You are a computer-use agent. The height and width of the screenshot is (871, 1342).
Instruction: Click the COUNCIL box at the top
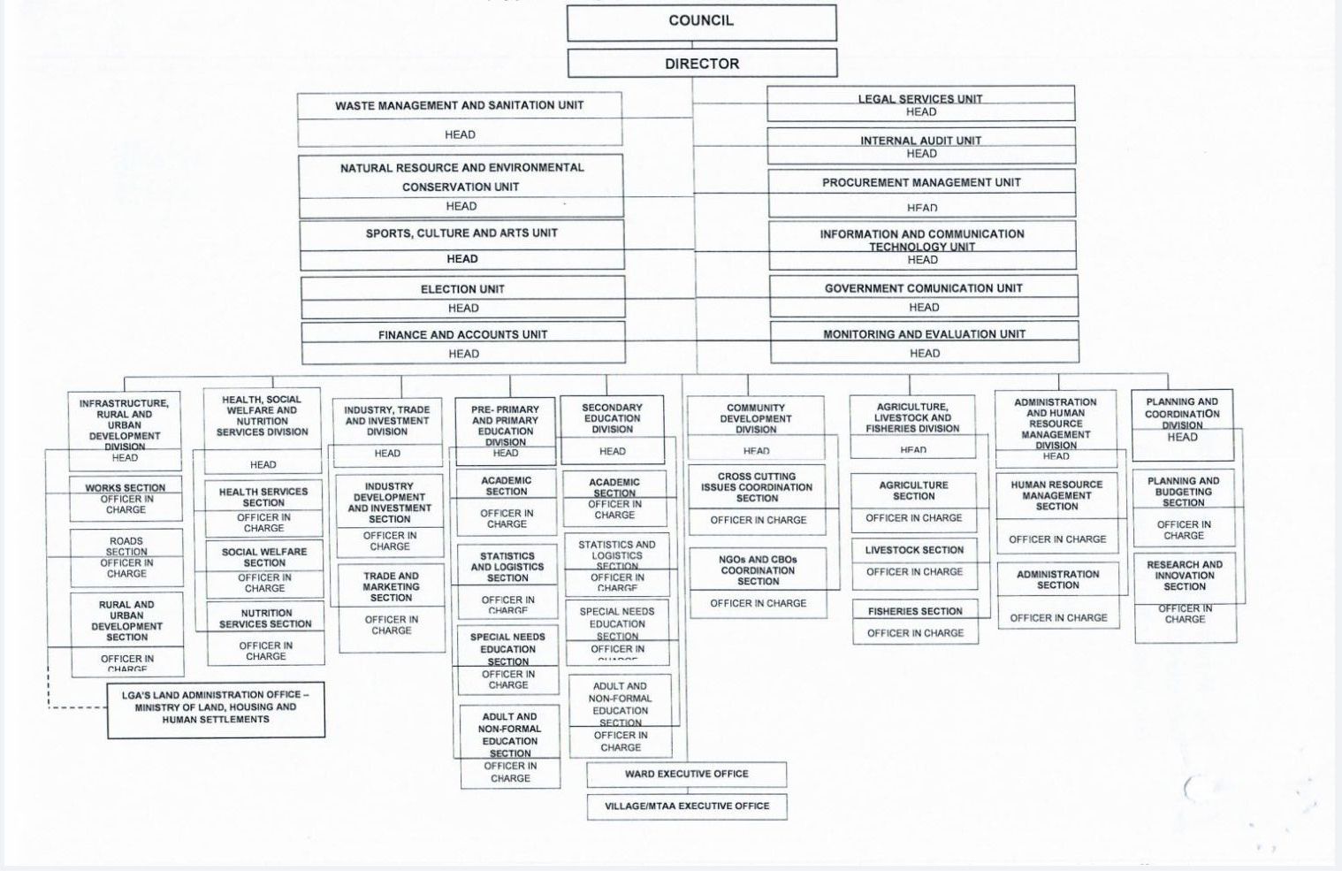(701, 21)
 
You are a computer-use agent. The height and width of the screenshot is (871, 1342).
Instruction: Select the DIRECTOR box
(702, 64)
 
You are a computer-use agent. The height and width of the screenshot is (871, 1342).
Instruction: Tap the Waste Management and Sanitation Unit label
(459, 105)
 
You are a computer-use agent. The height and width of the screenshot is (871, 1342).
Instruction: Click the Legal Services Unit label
(919, 99)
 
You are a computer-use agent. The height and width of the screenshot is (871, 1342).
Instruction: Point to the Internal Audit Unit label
(920, 141)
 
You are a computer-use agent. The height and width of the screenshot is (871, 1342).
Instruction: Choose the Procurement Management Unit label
(921, 182)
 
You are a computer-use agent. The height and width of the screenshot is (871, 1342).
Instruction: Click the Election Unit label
(462, 289)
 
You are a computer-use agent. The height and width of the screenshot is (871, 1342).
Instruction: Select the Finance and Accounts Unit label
(462, 335)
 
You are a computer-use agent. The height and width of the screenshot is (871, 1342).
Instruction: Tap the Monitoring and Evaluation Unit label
(924, 334)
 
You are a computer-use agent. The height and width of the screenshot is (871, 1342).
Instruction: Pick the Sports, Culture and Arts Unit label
(461, 233)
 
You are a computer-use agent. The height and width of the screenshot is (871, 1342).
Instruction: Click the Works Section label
(126, 487)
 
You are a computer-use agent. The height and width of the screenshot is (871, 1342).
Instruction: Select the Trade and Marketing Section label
(391, 586)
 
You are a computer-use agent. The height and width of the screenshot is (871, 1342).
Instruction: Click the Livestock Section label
(914, 550)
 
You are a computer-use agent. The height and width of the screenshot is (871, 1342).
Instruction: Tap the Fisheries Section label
(915, 611)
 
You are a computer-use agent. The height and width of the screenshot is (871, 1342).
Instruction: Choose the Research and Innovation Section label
(1184, 576)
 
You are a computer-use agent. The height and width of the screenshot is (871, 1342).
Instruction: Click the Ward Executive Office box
(686, 774)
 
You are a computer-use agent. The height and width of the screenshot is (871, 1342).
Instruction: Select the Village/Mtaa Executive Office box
(687, 806)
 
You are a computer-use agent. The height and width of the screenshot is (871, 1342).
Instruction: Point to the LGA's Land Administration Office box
(216, 707)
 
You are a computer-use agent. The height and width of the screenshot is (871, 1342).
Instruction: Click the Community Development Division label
(756, 418)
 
